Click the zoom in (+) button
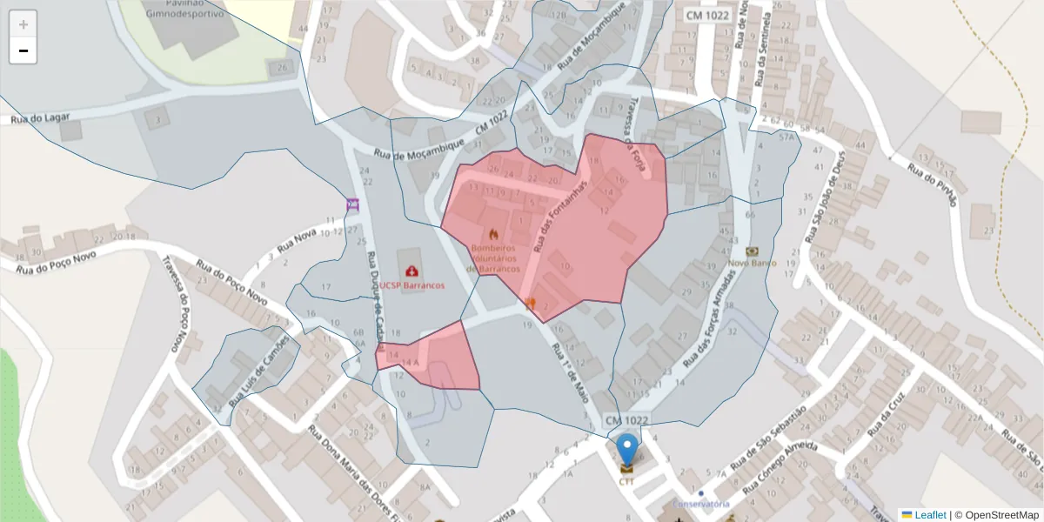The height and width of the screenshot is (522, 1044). [x=23, y=24]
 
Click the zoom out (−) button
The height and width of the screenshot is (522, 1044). [x=23, y=50]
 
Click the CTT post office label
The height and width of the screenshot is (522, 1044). [x=626, y=480]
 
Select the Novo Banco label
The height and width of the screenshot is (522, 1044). [x=752, y=262]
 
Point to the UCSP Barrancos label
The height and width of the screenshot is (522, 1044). [x=412, y=285]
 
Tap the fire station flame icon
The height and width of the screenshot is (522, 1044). [x=494, y=233]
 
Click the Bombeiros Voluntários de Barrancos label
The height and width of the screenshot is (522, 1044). [x=494, y=258]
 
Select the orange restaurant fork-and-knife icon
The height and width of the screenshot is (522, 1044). [x=531, y=304]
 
